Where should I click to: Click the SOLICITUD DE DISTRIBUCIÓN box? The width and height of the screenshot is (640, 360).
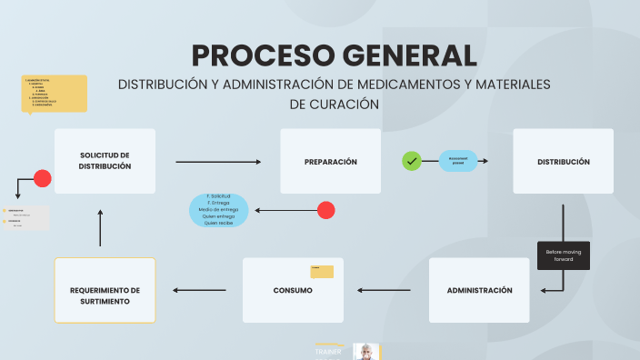pyautogui.click(x=105, y=161)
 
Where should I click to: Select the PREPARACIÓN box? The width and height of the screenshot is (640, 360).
pyautogui.click(x=330, y=161)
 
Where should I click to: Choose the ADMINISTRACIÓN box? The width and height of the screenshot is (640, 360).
pyautogui.click(x=479, y=290)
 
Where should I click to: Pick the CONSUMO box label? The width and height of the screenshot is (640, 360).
pyautogui.click(x=293, y=291)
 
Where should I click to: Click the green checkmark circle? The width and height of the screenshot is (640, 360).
pyautogui.click(x=412, y=161)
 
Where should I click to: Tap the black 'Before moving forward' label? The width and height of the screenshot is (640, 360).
pyautogui.click(x=564, y=255)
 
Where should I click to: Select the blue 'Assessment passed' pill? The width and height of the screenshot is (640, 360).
pyautogui.click(x=458, y=161)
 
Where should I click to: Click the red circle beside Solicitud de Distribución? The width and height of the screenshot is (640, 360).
pyautogui.click(x=42, y=178)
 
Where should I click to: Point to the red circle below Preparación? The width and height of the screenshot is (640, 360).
pyautogui.click(x=326, y=210)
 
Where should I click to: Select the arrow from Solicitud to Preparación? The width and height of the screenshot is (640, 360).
pyautogui.click(x=218, y=162)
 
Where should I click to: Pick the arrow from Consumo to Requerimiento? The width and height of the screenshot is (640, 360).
pyautogui.click(x=199, y=291)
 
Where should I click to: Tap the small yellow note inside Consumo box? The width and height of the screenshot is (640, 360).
pyautogui.click(x=322, y=271)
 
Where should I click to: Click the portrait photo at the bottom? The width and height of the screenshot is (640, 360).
pyautogui.click(x=365, y=352)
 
